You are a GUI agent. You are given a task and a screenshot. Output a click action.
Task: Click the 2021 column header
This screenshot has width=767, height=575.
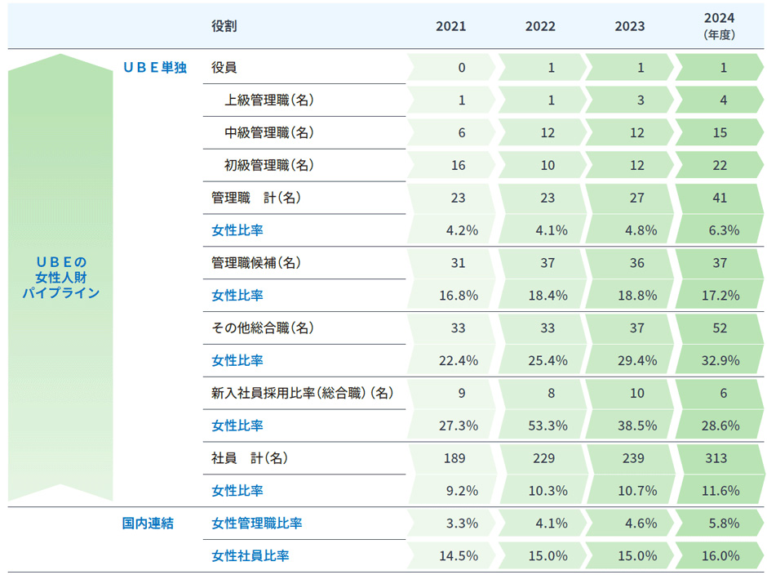pos(450,26)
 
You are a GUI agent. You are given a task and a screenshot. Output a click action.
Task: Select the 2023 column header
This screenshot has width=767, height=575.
pos(630,26)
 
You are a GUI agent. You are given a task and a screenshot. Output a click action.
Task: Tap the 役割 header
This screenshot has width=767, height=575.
pos(224,26)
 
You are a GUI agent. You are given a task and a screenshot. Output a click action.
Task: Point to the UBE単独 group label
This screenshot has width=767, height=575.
pos(155,68)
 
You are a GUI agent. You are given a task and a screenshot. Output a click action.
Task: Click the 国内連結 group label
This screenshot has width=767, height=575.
pos(148,524)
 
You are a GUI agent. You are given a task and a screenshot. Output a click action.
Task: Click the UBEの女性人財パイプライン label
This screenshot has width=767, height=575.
pos(60,277)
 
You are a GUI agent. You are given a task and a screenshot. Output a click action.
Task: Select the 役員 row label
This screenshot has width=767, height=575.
pos(224,68)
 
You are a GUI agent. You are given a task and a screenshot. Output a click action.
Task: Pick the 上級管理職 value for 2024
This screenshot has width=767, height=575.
pos(723,100)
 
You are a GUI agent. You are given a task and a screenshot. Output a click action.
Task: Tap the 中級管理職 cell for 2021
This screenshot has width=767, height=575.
pos(462,133)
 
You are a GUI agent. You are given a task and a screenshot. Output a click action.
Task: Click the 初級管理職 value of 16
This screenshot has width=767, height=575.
pos(459,166)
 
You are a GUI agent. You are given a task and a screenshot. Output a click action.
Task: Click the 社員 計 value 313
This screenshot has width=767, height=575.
pos(718,458)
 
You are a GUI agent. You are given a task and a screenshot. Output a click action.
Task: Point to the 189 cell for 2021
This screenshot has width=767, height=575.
pos(454,458)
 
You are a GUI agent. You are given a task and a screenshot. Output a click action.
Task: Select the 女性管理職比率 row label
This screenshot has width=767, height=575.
pos(256,524)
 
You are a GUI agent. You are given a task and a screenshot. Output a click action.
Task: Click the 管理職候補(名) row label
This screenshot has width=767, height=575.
pos(256,263)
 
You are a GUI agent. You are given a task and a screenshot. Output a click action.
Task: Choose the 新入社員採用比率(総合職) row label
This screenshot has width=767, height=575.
pos(303,393)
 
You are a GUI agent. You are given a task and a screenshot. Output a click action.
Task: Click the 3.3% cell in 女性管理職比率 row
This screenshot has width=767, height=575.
pos(462,524)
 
